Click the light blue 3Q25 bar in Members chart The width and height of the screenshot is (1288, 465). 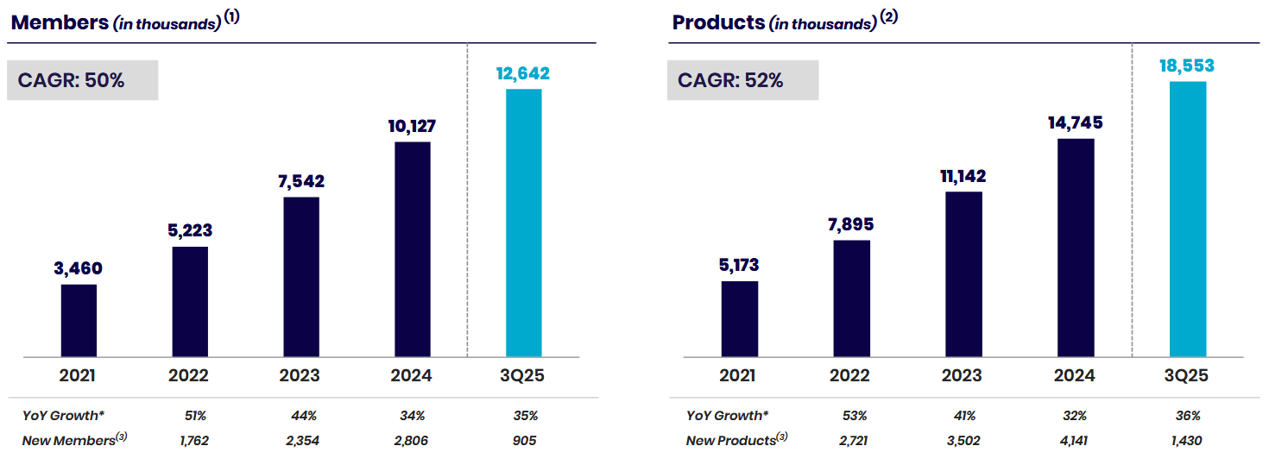coord(523,222)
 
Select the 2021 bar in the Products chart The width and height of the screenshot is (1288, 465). coord(739,318)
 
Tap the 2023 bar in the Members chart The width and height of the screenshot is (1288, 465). coord(300,276)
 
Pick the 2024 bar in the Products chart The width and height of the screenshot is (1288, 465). coord(1075,247)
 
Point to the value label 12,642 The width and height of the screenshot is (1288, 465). coord(521,73)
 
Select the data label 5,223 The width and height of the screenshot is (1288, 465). coord(189,230)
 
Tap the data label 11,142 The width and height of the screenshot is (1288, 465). coord(963,176)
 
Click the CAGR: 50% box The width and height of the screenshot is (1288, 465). coord(82,80)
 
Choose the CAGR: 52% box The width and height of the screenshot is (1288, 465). coord(742,80)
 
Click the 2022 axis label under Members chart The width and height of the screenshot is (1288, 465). coord(189,375)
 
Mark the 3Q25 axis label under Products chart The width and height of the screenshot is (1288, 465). coord(1186,375)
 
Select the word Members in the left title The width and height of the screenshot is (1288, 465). coord(59,22)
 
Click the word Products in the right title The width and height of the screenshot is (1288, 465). coord(718,22)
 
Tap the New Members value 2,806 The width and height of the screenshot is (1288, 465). coord(413,441)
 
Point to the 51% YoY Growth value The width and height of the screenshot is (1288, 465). coord(195,416)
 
